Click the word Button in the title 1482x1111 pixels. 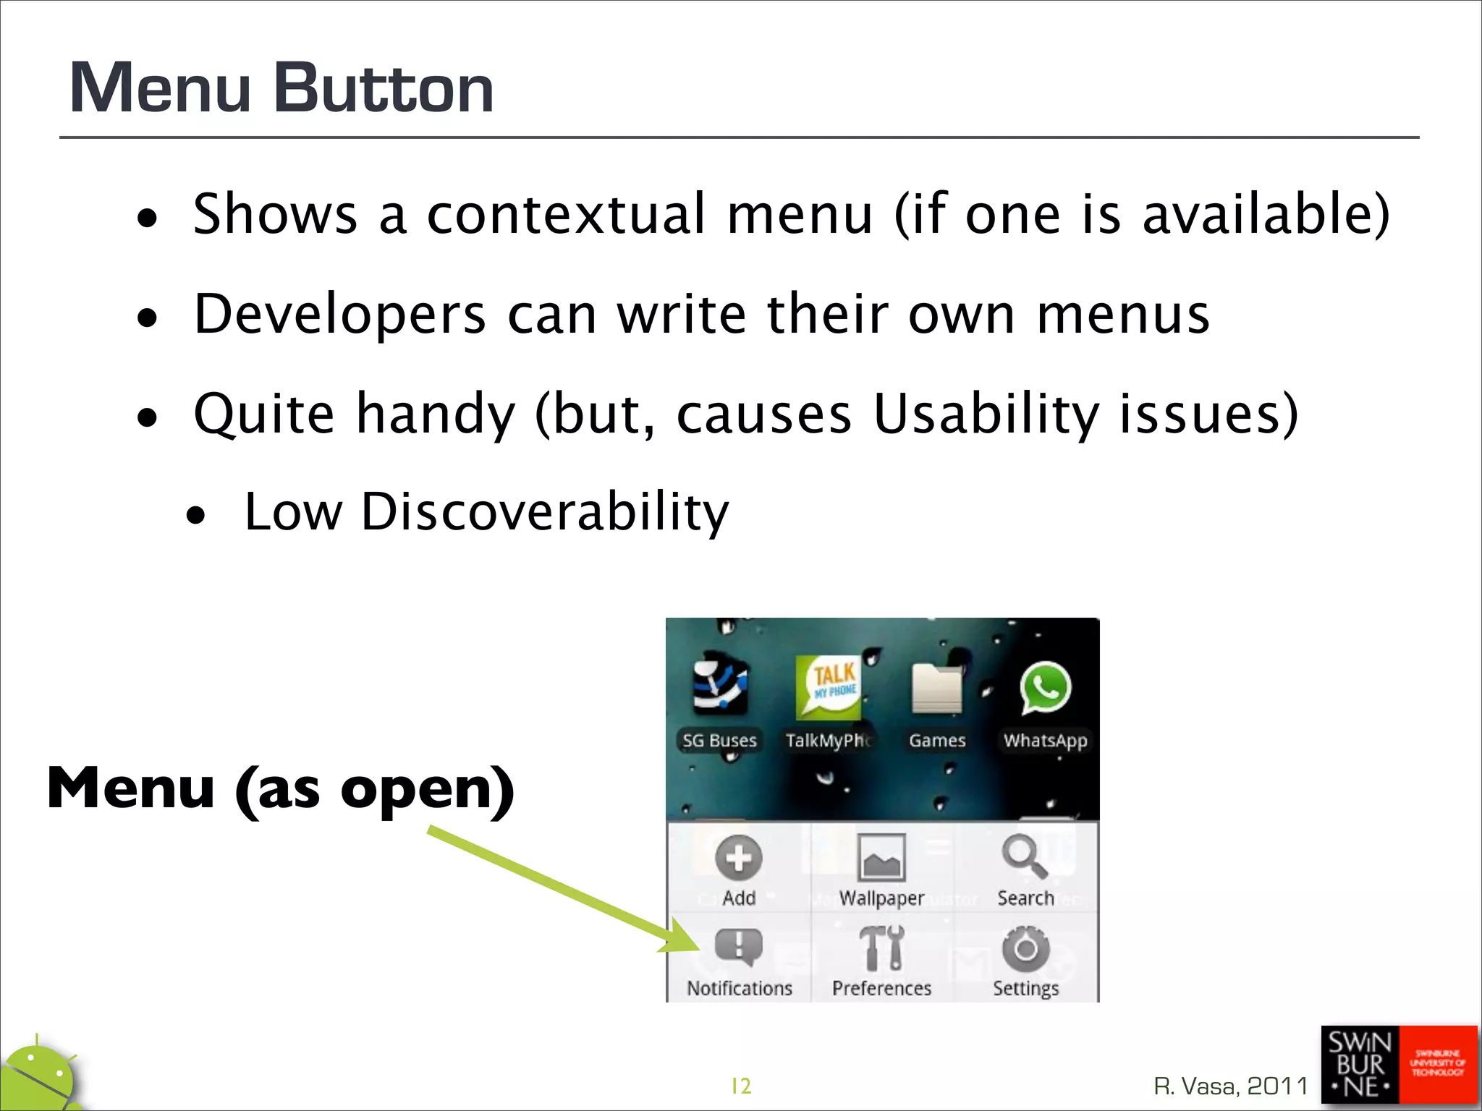(x=384, y=88)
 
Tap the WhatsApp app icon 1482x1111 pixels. (x=1045, y=688)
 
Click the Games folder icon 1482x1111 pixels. (x=937, y=688)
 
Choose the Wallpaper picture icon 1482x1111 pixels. (x=881, y=858)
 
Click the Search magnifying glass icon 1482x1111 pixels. (x=1024, y=856)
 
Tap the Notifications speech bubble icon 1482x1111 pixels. (x=738, y=946)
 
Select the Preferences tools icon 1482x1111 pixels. (x=881, y=948)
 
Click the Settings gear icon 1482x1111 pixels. (x=1025, y=948)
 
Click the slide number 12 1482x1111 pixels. (x=741, y=1086)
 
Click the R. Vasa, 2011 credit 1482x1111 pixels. (x=1230, y=1086)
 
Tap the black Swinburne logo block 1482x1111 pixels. (x=1360, y=1065)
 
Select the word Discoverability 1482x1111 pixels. (x=544, y=512)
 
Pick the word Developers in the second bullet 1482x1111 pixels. (x=340, y=315)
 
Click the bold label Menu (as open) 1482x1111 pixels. (x=281, y=788)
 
